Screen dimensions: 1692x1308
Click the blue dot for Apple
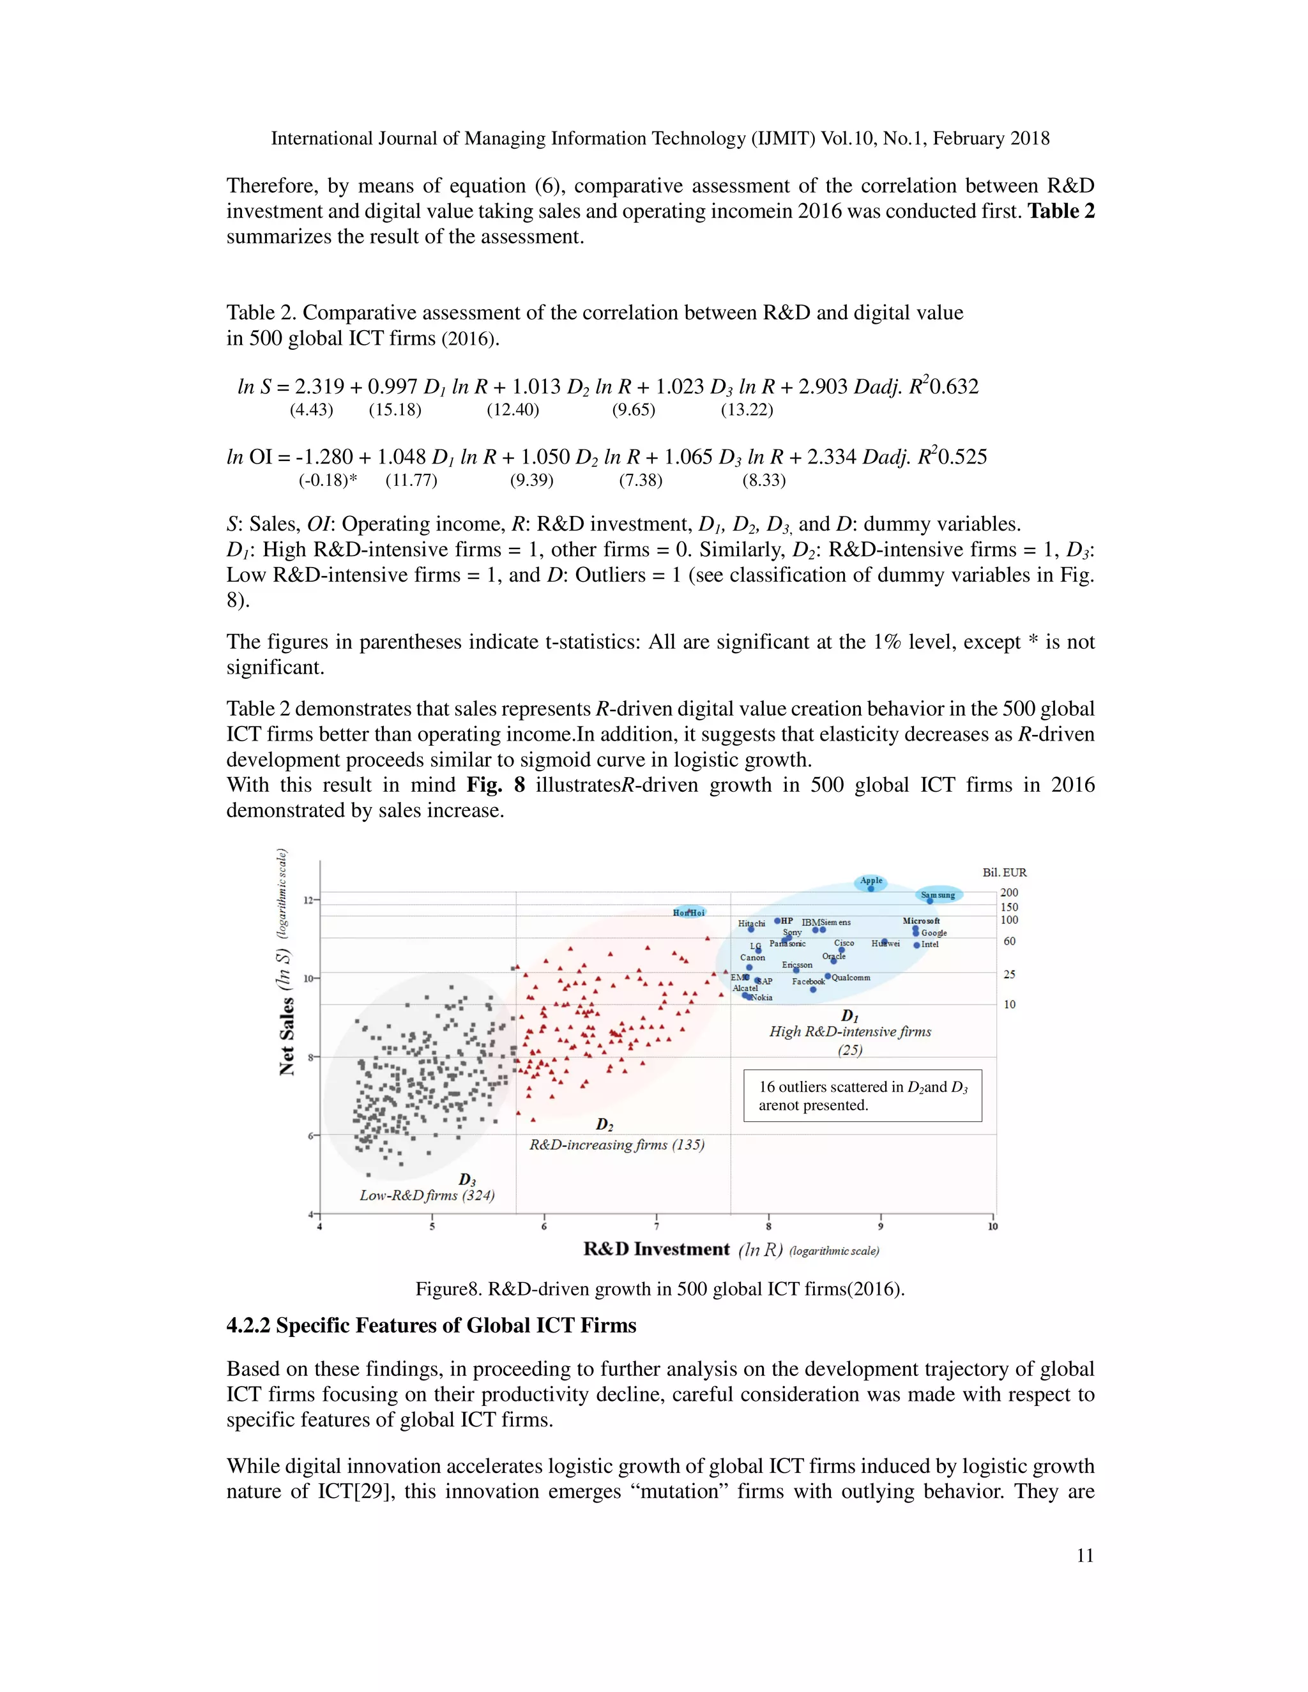pyautogui.click(x=871, y=889)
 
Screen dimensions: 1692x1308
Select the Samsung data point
pyautogui.click(x=930, y=901)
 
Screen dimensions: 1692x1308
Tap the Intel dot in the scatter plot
pyautogui.click(x=916, y=945)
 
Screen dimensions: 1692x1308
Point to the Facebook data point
pyautogui.click(x=813, y=989)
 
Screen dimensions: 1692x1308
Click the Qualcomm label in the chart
pyautogui.click(x=851, y=978)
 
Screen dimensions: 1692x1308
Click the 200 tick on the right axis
pyautogui.click(x=1009, y=893)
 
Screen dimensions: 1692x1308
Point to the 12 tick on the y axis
pyautogui.click(x=308, y=900)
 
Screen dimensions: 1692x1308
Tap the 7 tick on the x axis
pyautogui.click(x=657, y=1227)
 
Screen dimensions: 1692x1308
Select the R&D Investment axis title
pyautogui.click(x=657, y=1250)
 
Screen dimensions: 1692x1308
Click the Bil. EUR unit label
pyautogui.click(x=1004, y=872)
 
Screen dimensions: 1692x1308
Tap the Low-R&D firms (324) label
pyautogui.click(x=427, y=1195)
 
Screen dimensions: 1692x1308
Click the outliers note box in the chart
pyautogui.click(x=862, y=1096)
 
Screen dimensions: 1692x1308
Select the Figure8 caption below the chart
pyautogui.click(x=659, y=1289)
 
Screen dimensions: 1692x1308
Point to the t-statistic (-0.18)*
pyautogui.click(x=328, y=480)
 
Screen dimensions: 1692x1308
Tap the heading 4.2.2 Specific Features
pyautogui.click(x=431, y=1326)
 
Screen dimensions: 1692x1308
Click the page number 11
pyautogui.click(x=1085, y=1555)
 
